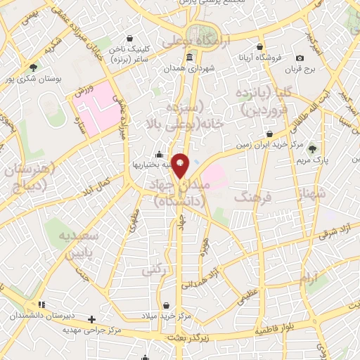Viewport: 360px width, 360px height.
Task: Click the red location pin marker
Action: click(181, 166)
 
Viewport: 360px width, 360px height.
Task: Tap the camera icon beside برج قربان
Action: click(300, 58)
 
